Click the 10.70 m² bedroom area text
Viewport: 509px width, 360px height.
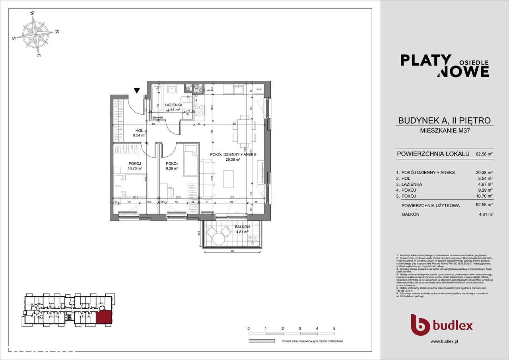click(x=134, y=168)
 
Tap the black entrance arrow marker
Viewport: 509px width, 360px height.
click(x=137, y=91)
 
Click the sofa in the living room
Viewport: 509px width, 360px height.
click(x=206, y=178)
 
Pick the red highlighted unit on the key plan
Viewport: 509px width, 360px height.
click(x=104, y=317)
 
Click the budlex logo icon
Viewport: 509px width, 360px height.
click(x=420, y=325)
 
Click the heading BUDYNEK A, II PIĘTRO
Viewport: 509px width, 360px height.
click(x=445, y=121)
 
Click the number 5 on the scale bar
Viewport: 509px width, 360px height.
click(x=334, y=329)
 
